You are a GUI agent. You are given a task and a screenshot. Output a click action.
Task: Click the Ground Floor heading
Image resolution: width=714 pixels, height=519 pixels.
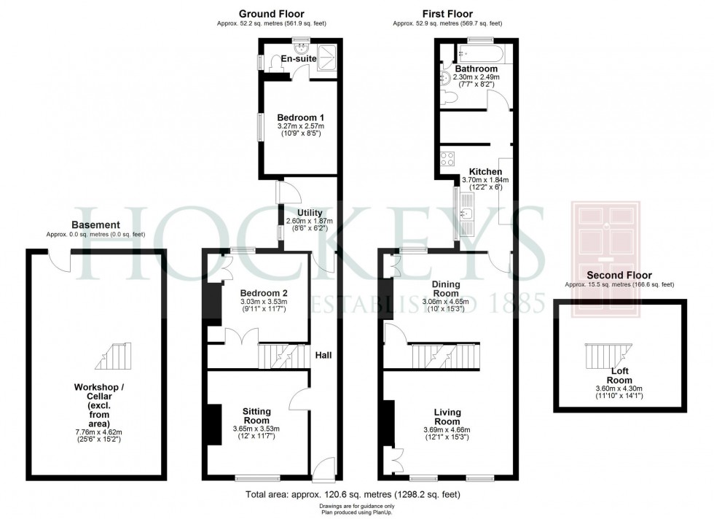pos(271,14)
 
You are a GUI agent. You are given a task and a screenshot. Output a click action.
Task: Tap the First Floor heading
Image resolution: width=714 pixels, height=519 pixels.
pos(447,14)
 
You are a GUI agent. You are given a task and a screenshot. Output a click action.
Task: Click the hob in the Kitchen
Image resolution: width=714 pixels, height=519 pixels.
pos(445,158)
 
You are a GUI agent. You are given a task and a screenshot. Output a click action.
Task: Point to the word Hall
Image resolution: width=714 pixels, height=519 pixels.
pos(323,355)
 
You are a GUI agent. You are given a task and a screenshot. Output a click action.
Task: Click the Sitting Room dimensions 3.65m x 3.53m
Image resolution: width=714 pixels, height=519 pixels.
pos(256,429)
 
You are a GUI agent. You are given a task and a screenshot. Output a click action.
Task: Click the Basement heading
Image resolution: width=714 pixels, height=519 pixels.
pos(95,225)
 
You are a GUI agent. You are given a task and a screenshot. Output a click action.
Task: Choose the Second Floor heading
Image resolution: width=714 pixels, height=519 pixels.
pos(619,275)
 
